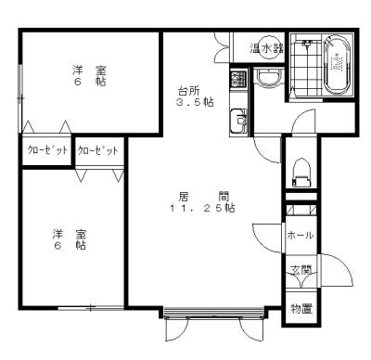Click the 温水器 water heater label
click(266, 48)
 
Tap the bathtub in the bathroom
click(337, 65)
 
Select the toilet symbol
click(301, 173)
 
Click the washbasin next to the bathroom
click(268, 77)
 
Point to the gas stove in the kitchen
click(238, 79)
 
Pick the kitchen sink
click(238, 122)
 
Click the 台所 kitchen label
click(188, 91)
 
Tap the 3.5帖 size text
click(195, 102)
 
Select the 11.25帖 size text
click(201, 208)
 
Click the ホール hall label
click(301, 236)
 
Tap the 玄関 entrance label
click(301, 271)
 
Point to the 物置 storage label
click(301, 309)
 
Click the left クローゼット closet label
click(47, 150)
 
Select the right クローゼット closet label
click(97, 150)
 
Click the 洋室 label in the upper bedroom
click(90, 71)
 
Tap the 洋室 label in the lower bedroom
click(70, 234)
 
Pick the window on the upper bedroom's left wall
click(20, 98)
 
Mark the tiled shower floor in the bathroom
click(306, 69)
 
